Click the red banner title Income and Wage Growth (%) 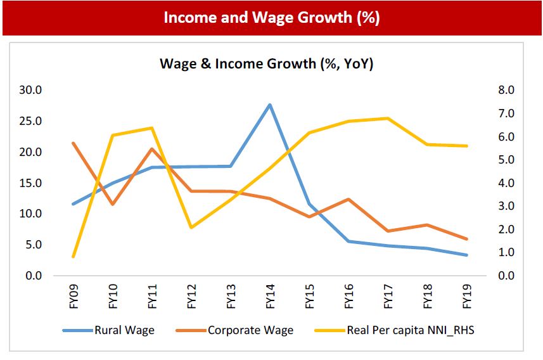click(271, 17)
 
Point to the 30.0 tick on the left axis click(30, 90)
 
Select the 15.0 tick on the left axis click(30, 183)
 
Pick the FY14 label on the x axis click(271, 295)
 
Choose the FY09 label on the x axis click(74, 295)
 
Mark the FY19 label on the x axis click(467, 295)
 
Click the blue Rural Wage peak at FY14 click(270, 105)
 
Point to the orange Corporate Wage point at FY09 click(73, 143)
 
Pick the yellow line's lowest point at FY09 click(73, 257)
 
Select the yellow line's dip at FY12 click(191, 227)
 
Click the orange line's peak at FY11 click(152, 149)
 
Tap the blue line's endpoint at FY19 click(467, 255)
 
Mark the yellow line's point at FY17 click(387, 118)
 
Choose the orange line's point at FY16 click(348, 199)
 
